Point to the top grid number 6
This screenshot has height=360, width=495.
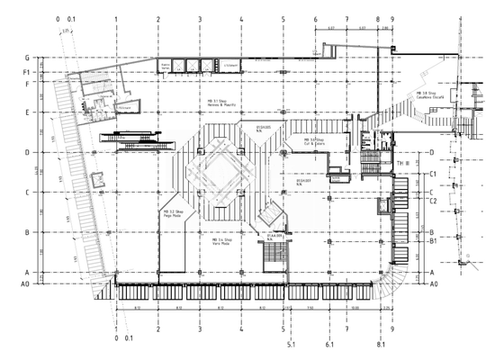point(315,19)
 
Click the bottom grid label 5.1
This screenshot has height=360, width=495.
point(291,345)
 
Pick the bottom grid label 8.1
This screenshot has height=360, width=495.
point(382,345)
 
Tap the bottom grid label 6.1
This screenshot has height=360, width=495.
point(329,345)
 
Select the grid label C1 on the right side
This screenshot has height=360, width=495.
point(433,173)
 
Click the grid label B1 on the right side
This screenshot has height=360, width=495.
point(433,241)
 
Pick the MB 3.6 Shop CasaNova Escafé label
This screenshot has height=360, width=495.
point(427,95)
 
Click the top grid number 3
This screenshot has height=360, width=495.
point(199,19)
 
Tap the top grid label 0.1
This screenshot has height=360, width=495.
point(72,19)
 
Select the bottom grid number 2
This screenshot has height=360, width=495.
point(158,329)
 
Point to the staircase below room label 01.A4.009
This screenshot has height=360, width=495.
point(271,256)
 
